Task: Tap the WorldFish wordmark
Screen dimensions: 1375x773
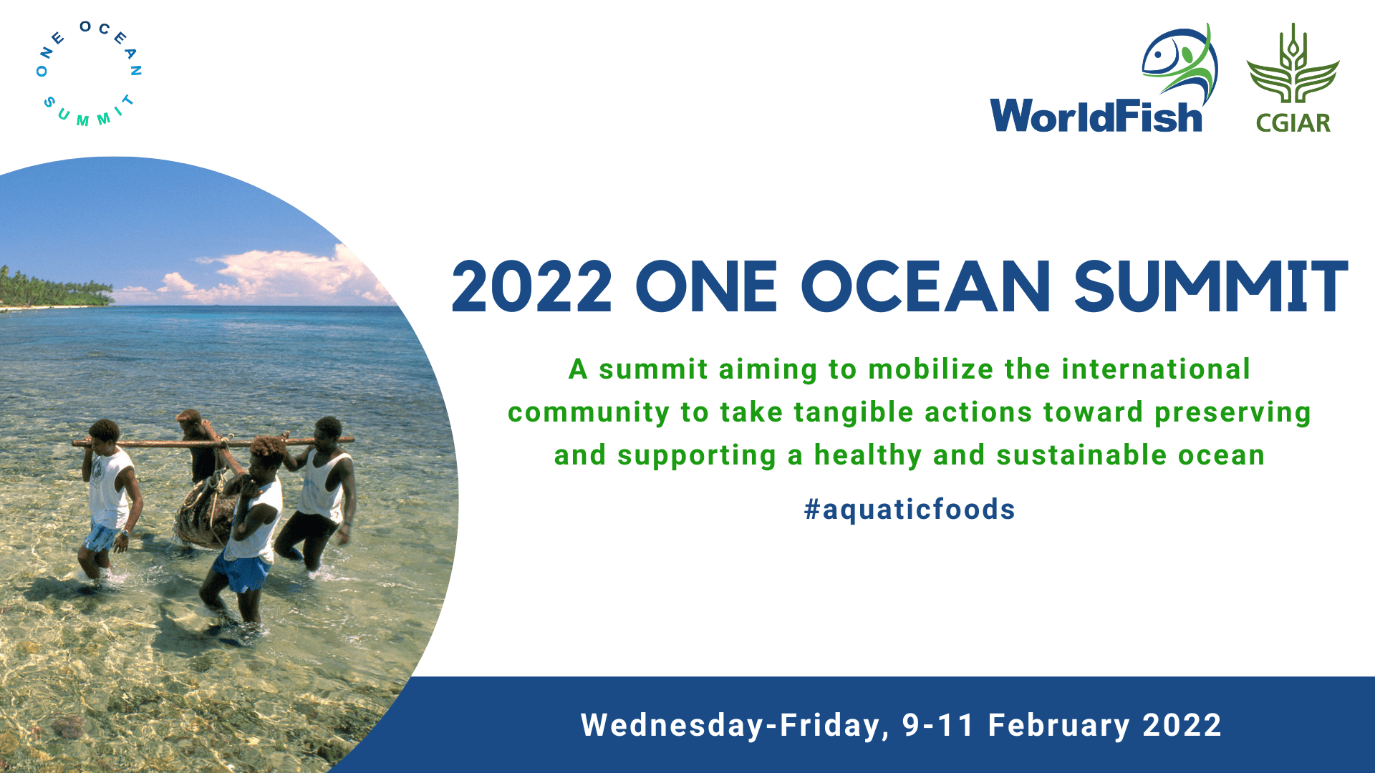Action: pyautogui.click(x=1096, y=116)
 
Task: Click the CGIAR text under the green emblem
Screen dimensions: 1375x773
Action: pyautogui.click(x=1293, y=123)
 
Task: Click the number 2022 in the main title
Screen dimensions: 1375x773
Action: pyautogui.click(x=531, y=287)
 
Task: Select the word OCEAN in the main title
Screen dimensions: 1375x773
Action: pyautogui.click(x=925, y=287)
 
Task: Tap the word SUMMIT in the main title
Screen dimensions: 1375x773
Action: pyautogui.click(x=1211, y=287)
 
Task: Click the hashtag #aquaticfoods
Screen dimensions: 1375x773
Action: pyautogui.click(x=910, y=510)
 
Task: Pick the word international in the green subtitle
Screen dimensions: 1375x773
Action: pyautogui.click(x=1156, y=369)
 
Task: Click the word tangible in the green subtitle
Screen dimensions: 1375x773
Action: pyautogui.click(x=854, y=413)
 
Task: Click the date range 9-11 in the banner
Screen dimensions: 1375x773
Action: pyautogui.click(x=938, y=725)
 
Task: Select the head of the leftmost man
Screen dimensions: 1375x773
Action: pyautogui.click(x=105, y=432)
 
